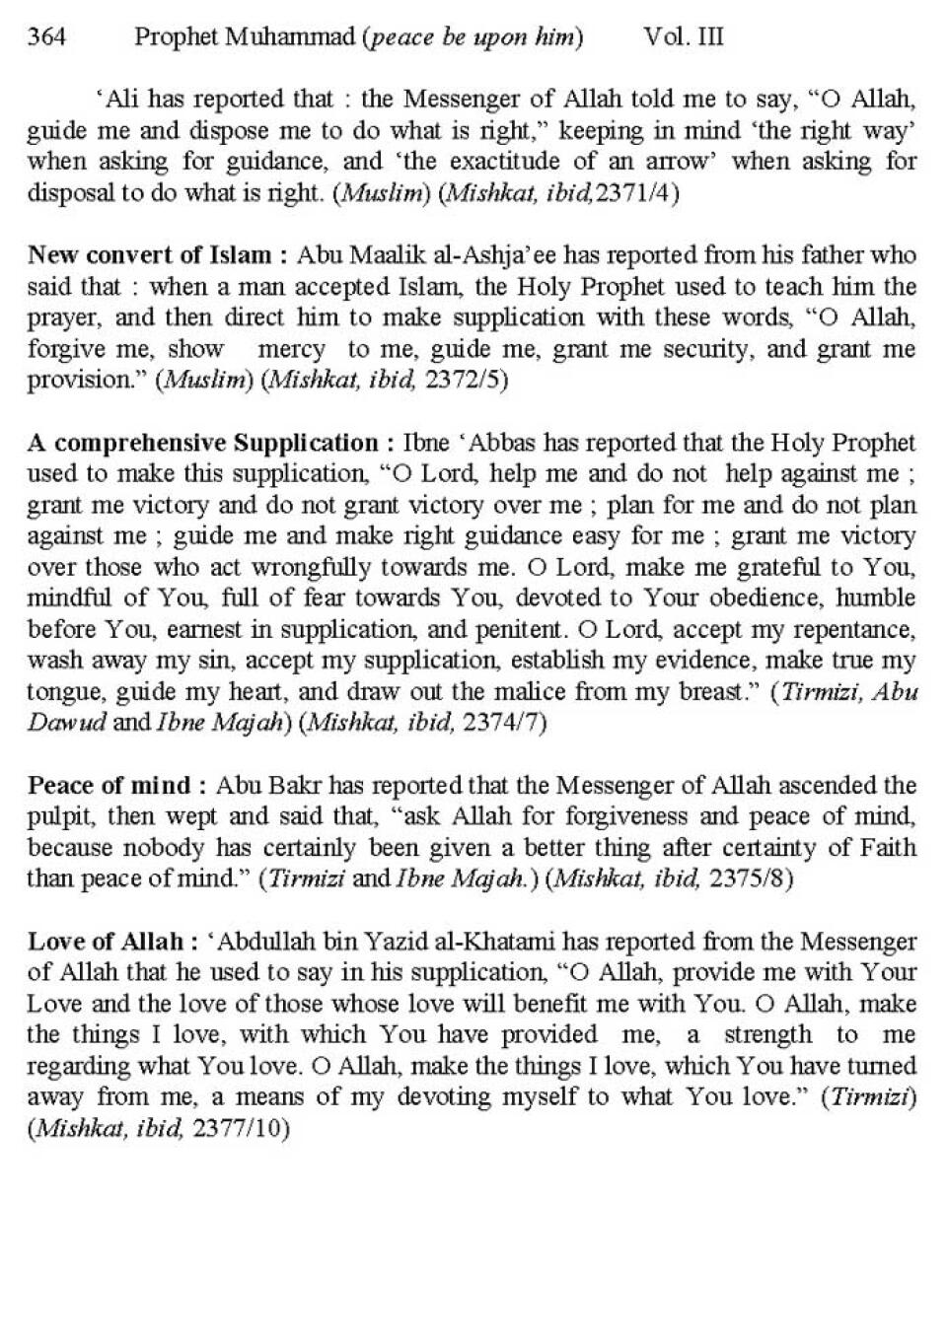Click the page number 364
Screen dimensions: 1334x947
pyautogui.click(x=46, y=37)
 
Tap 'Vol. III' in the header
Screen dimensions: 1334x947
pyautogui.click(x=684, y=37)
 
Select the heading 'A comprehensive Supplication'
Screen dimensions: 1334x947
pyautogui.click(x=202, y=443)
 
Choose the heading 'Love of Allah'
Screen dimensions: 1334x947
pyautogui.click(x=106, y=942)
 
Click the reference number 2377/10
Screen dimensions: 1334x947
pyautogui.click(x=242, y=1129)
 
